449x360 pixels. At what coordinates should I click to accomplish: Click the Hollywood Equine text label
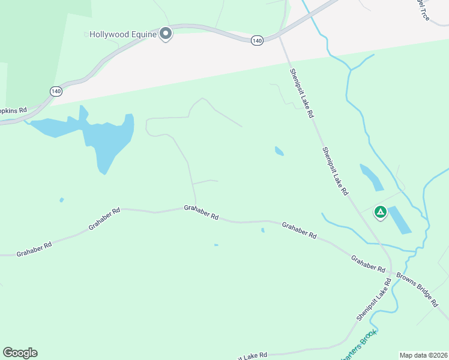pos(123,34)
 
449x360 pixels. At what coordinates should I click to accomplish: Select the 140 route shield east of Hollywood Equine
pos(257,40)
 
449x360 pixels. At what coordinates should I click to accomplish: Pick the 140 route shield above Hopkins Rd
pos(56,91)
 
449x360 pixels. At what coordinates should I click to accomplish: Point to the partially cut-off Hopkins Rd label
pos(14,110)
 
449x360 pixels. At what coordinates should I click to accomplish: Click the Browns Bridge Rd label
pos(418,290)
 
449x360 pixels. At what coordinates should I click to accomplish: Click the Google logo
pos(20,353)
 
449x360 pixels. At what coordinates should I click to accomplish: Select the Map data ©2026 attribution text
pos(423,355)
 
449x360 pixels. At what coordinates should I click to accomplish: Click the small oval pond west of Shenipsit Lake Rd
pos(279,151)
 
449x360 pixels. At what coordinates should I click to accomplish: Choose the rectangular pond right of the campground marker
pos(400,220)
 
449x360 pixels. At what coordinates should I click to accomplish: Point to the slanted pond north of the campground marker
pos(371,177)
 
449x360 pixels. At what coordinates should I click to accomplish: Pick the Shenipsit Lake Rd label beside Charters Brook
pos(373,302)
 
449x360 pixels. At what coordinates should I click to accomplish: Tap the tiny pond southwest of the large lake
pos(61,200)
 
